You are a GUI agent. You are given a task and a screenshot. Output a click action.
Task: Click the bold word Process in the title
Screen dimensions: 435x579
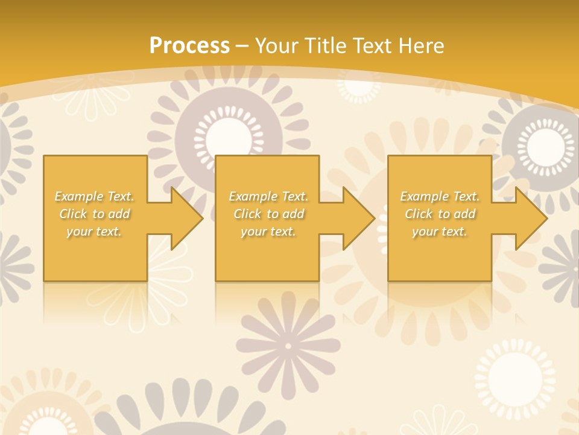(x=189, y=46)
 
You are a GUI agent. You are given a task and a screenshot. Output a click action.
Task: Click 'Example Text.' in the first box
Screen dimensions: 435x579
(x=94, y=196)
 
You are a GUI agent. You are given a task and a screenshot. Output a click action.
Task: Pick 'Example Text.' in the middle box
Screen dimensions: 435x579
(x=268, y=196)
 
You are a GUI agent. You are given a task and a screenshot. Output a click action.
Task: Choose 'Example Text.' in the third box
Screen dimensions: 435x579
(x=440, y=196)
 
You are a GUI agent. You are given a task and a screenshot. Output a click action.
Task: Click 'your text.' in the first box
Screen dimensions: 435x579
(x=94, y=231)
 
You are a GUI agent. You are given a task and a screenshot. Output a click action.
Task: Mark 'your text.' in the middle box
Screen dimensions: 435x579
(x=268, y=231)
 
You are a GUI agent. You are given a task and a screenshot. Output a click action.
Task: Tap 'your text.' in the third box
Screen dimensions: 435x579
(x=440, y=231)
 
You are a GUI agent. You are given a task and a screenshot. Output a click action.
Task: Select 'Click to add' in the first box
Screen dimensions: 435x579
(x=94, y=214)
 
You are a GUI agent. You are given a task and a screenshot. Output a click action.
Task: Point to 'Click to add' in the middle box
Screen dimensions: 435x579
(x=268, y=214)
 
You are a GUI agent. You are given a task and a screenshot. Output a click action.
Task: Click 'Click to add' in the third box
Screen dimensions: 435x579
(x=440, y=214)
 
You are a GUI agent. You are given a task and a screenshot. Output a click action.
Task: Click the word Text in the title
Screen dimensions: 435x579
(x=373, y=46)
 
